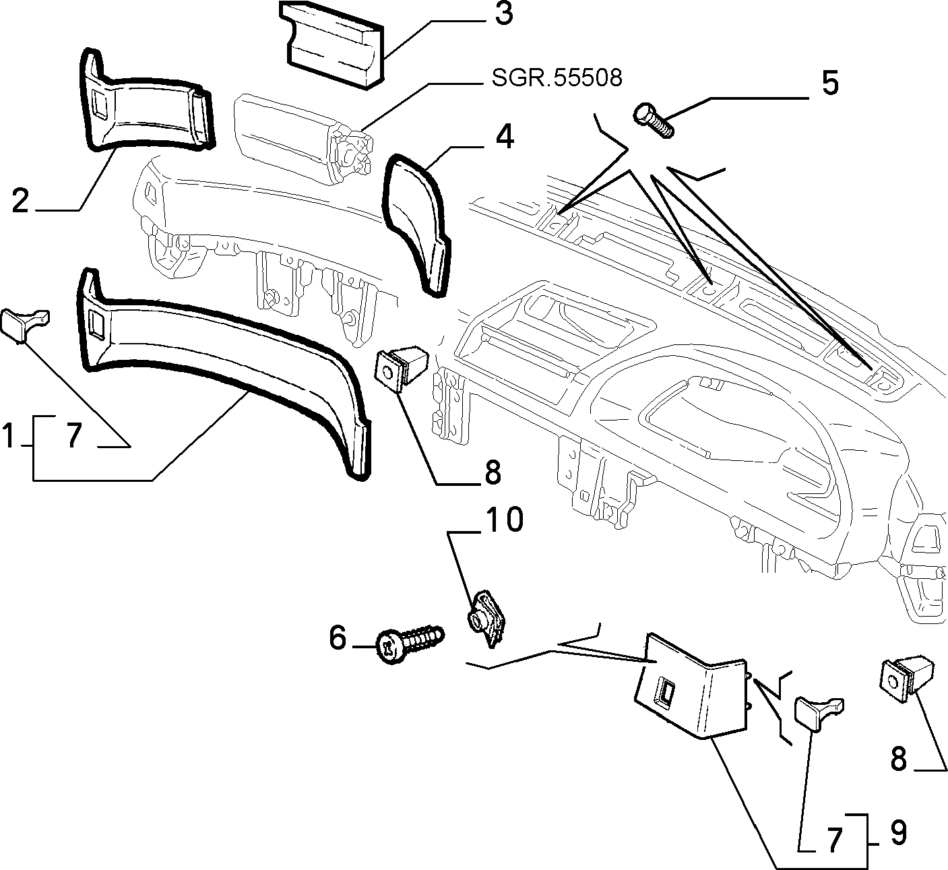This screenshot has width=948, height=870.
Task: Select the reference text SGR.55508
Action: (557, 78)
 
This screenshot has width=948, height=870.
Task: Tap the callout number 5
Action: (830, 83)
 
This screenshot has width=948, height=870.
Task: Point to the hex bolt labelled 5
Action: (654, 120)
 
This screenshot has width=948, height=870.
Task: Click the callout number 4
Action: (505, 137)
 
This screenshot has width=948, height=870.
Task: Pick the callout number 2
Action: (20, 200)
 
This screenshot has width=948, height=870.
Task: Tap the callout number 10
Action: (504, 519)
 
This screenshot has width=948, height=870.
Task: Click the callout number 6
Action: (338, 638)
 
